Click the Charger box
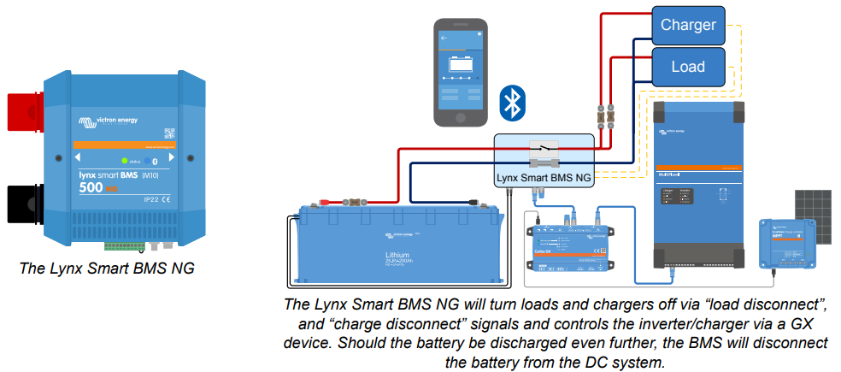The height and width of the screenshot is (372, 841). pos(688,25)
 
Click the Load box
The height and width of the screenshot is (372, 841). pos(688,66)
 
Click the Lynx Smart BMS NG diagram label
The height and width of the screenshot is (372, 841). pos(544,178)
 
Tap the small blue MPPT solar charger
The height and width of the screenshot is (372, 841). pos(786,245)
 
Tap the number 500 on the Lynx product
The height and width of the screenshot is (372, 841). pos(92,187)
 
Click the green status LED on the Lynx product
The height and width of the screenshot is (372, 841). pos(125,160)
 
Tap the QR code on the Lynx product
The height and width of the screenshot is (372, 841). pos(168,133)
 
